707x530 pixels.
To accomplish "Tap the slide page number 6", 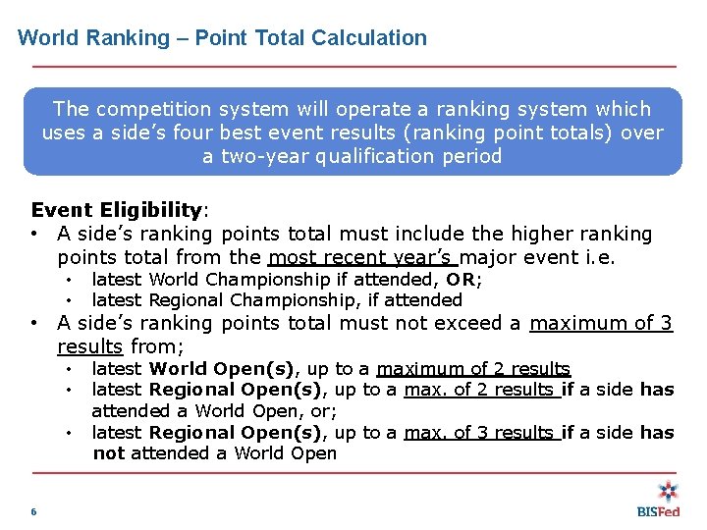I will [x=34, y=511].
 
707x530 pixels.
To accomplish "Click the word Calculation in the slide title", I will [x=369, y=38].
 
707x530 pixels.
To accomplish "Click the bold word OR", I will [x=461, y=279].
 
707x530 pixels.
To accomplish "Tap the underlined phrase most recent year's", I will [x=362, y=258].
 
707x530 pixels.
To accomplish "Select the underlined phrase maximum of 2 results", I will [x=473, y=369].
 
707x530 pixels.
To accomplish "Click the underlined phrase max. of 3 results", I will [x=481, y=432].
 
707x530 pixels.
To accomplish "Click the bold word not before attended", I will [x=109, y=453].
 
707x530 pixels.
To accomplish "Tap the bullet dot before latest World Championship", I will [x=71, y=279].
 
